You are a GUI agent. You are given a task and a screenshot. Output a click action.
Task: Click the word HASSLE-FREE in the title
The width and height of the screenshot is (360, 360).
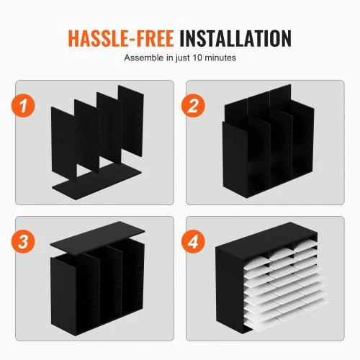[x=121, y=38]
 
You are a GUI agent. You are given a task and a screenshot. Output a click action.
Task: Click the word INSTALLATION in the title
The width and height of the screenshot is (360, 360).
[x=235, y=38]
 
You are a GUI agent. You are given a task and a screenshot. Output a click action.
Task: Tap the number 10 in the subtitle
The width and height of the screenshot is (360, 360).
[x=197, y=58]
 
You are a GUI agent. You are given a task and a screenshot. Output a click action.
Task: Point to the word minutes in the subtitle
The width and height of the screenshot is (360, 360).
[x=220, y=58]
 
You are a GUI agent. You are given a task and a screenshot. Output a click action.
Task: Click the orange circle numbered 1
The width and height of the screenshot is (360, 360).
[x=23, y=106]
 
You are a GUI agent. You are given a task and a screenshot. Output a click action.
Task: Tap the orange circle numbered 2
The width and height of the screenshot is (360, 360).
[x=193, y=106]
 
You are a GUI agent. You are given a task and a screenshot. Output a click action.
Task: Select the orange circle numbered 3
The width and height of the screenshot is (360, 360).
[x=23, y=241]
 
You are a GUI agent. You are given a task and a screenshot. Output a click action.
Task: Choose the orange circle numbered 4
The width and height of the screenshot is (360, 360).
[x=193, y=241]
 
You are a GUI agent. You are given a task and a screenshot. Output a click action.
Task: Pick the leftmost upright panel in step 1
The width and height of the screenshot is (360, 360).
[x=64, y=143]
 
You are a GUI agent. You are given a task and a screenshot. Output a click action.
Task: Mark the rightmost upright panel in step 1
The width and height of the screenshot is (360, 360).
[x=131, y=121]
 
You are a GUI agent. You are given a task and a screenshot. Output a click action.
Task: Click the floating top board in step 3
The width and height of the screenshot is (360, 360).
[x=97, y=236]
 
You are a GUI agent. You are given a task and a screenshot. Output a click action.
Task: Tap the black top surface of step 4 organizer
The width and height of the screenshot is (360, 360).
[x=266, y=236]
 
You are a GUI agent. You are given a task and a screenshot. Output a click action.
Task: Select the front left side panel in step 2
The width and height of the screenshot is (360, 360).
[x=235, y=160]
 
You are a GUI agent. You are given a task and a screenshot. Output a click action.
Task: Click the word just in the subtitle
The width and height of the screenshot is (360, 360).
[x=183, y=58]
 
